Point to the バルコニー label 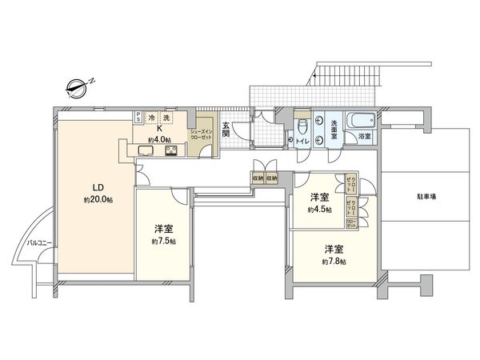tap(38, 241)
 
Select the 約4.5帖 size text tap(321, 209)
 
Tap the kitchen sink tap(148, 150)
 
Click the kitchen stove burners tap(173, 150)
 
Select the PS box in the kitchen tap(139, 118)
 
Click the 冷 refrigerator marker tap(153, 118)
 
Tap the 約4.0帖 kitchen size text tap(160, 138)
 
